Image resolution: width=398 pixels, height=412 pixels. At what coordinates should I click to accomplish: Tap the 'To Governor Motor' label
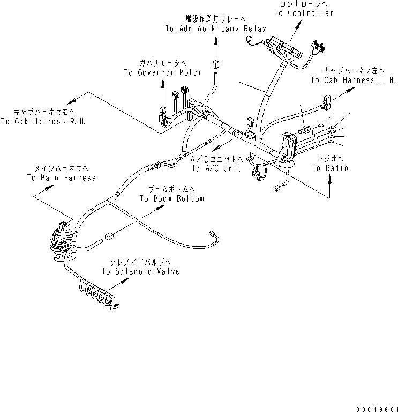click(163, 72)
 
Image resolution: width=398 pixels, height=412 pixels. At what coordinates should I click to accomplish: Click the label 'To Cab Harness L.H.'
click(353, 80)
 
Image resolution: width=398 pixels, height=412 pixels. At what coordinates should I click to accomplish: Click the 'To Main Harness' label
click(62, 178)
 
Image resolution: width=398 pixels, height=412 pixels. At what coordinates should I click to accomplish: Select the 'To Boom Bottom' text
click(172, 198)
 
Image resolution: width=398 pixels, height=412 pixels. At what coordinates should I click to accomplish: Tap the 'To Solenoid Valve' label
click(140, 271)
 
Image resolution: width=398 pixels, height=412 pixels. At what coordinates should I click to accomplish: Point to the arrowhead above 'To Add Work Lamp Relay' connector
click(216, 41)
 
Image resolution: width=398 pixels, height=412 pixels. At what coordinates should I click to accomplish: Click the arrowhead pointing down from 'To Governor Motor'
click(163, 100)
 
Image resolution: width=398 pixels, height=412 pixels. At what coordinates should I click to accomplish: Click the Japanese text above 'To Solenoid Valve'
click(140, 262)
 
